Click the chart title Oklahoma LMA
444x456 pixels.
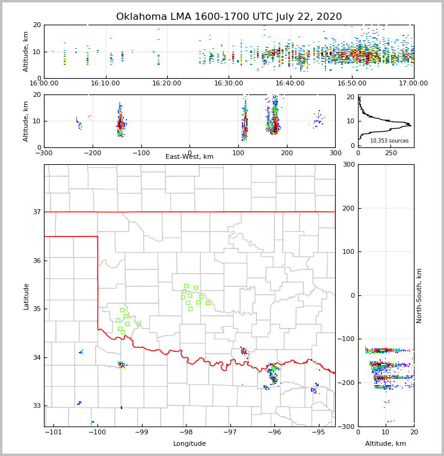pos(229,17)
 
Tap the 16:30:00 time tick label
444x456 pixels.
pos(229,84)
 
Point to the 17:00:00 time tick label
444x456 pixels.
pos(413,84)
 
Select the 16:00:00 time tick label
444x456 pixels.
pos(44,84)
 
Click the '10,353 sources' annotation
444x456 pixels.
pos(389,141)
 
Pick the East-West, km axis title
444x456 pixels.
pos(190,157)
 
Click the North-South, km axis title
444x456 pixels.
pos(419,295)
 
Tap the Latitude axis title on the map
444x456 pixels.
pos(26,296)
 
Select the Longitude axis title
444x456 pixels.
pos(190,444)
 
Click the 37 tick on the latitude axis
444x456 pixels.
pos(36,212)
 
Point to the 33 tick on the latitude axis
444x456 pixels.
pos(36,406)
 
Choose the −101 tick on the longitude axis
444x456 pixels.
pos(54,432)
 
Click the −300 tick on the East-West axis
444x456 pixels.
pos(44,153)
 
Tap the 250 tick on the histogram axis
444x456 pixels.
pos(391,153)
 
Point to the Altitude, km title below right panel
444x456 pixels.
pos(386,444)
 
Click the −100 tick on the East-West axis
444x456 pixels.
pos(141,153)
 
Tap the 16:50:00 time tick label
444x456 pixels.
pos(352,84)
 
